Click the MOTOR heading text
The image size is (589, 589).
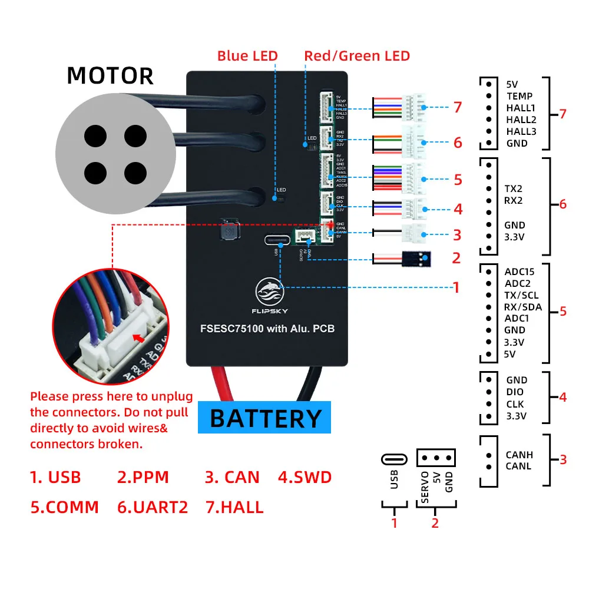tap(110, 76)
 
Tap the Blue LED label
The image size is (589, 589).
tap(247, 56)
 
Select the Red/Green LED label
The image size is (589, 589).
tap(357, 56)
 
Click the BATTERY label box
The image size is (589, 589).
tap(266, 418)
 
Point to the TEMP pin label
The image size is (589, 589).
tap(519, 96)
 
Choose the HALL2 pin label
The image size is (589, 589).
tap(521, 120)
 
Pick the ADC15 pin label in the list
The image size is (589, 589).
tap(519, 272)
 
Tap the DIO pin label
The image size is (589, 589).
tap(514, 392)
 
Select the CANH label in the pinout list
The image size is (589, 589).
tap(519, 455)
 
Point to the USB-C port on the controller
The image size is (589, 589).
tap(277, 240)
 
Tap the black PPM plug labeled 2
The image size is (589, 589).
tap(416, 257)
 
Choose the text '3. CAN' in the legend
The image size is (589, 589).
tap(232, 477)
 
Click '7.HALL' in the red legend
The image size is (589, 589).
tap(234, 507)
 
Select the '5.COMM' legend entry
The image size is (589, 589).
tap(65, 507)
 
